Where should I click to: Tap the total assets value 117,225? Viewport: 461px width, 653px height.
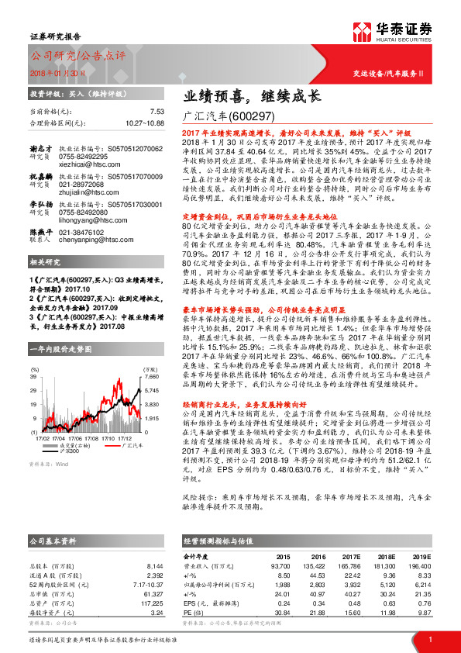pos(152,602)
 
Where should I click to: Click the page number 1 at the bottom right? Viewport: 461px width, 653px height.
pos(429,639)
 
